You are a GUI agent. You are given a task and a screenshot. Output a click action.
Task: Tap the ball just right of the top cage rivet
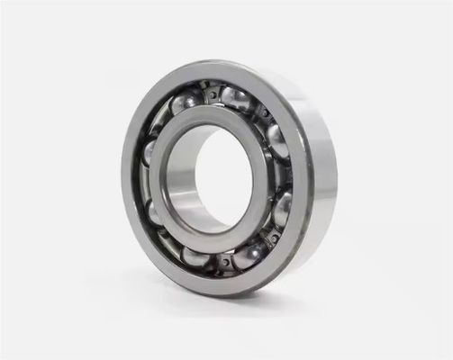(236, 98)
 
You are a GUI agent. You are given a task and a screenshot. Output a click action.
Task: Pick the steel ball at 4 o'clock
(281, 209)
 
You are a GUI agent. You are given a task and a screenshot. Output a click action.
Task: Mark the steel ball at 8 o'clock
(154, 212)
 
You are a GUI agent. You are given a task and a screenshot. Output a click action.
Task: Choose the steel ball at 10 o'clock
(149, 151)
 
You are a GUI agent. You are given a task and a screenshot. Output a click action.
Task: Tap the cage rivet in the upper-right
(264, 113)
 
